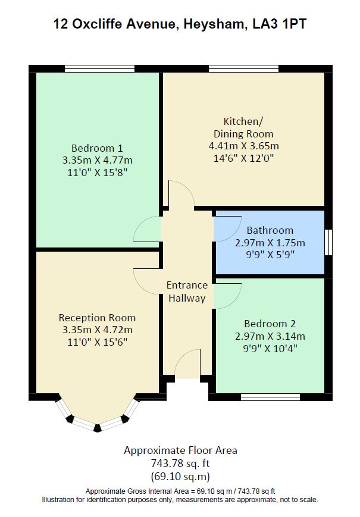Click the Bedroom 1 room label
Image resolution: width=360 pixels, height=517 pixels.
click(97, 148)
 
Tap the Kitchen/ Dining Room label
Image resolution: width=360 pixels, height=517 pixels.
click(243, 127)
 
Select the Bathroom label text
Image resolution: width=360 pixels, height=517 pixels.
click(270, 230)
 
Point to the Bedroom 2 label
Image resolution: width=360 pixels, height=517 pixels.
click(270, 324)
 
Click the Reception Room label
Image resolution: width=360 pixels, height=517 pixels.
click(97, 318)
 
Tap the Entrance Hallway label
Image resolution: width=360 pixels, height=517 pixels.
click(187, 292)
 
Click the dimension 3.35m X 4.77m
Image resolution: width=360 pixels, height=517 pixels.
click(97, 160)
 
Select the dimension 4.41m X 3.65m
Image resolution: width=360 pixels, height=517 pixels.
click(243, 146)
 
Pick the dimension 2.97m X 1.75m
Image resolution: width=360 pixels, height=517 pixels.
click(270, 243)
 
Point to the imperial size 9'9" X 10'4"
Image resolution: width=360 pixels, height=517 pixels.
click(270, 349)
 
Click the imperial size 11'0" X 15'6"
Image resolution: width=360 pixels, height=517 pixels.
click(97, 342)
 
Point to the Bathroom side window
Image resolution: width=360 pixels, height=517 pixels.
click(328, 242)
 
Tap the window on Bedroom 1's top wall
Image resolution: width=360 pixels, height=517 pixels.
click(99, 68)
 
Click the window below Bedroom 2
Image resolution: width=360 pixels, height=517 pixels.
click(270, 397)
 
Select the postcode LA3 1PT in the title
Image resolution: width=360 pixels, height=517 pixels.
click(280, 24)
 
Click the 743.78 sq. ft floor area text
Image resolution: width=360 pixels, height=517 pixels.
click(180, 463)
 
